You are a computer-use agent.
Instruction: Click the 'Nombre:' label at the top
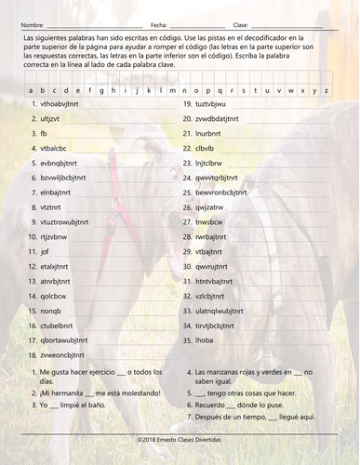pyautogui.click(x=31, y=24)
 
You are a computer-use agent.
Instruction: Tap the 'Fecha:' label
pyautogui.click(x=157, y=24)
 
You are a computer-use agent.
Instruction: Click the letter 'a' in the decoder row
pyautogui.click(x=31, y=91)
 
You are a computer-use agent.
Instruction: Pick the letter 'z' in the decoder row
pyautogui.click(x=326, y=91)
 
